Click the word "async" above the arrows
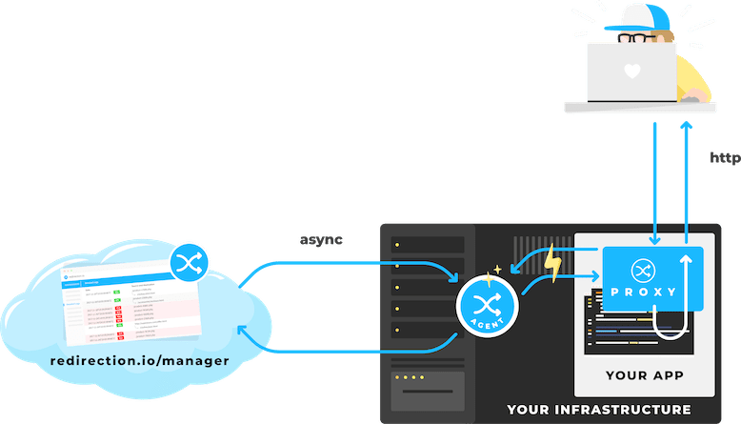[320, 239]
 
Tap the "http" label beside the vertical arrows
[725, 159]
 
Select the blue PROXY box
[652, 277]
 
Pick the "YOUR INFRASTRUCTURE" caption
[599, 410]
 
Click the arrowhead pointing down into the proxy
[654, 238]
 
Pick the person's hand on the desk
[694, 95]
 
